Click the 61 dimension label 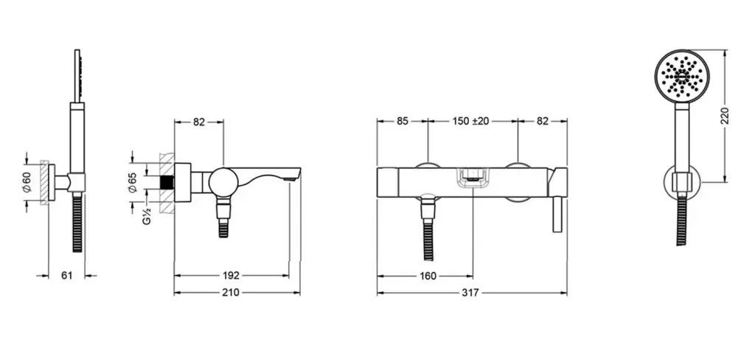pyautogui.click(x=67, y=276)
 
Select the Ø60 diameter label pyautogui.click(x=27, y=182)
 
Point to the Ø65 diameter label pyautogui.click(x=133, y=183)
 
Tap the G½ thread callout pyautogui.click(x=147, y=216)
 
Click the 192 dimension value pyautogui.click(x=231, y=276)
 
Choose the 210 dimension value pyautogui.click(x=231, y=293)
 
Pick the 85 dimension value pyautogui.click(x=403, y=121)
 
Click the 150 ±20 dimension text pyautogui.click(x=470, y=121)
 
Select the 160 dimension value pyautogui.click(x=428, y=276)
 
